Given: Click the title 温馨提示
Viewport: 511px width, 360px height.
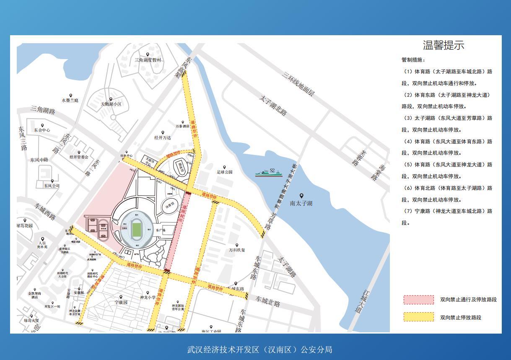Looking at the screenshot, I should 444,45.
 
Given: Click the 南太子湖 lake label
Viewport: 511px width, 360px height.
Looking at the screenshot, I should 301,203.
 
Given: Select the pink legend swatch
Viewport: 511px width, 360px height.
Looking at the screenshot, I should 418,300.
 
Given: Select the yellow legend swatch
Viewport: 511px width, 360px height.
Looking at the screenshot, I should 418,317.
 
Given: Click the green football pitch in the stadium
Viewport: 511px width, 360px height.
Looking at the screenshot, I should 136,230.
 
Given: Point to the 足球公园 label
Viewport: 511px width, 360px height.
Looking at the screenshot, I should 224,172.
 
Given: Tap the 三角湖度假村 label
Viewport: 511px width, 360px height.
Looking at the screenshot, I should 148,60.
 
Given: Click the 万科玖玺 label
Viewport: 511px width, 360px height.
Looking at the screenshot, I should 237,250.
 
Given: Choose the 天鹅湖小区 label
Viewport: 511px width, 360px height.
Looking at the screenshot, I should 111,104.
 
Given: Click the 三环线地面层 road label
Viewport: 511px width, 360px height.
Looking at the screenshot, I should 298,84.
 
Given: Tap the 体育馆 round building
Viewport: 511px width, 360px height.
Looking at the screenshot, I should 169,206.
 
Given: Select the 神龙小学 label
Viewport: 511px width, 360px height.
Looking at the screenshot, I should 148,298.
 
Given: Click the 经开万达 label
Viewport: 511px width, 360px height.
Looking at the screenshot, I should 163,137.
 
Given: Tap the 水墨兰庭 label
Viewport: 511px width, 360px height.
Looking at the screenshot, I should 70,101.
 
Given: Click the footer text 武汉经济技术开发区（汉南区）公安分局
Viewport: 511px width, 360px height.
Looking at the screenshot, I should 259,350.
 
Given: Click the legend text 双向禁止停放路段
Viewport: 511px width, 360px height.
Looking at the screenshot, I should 460,317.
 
